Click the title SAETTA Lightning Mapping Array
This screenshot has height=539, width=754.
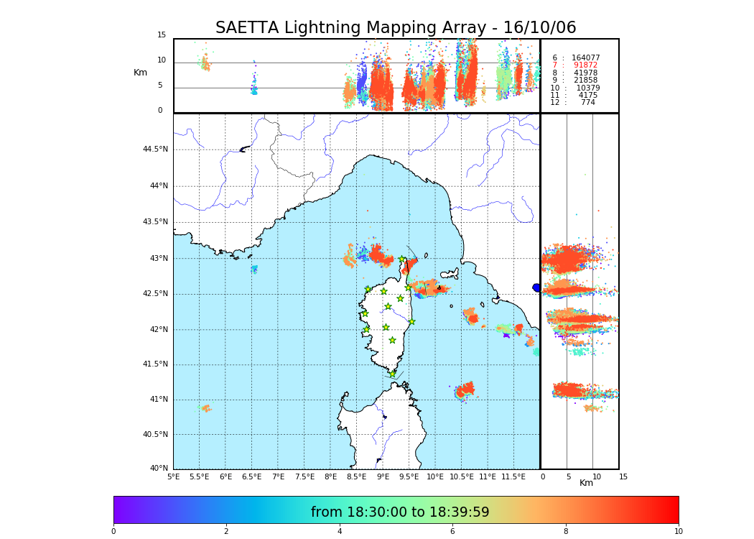click(396, 28)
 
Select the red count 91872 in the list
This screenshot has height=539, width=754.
click(585, 65)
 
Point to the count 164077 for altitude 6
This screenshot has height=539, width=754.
click(585, 57)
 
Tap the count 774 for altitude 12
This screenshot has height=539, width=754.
click(587, 103)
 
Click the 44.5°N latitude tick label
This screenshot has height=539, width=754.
click(155, 149)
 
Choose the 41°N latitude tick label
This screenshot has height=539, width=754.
click(158, 400)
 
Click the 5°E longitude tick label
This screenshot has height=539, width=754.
click(173, 476)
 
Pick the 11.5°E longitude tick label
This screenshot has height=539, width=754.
click(513, 476)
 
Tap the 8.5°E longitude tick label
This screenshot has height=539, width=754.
click(356, 476)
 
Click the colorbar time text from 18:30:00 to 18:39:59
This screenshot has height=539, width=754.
click(399, 512)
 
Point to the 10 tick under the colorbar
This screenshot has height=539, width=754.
click(678, 532)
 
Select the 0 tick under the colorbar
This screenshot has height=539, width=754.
click(113, 532)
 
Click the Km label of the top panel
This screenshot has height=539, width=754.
click(140, 73)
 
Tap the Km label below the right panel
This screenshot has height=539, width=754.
click(586, 483)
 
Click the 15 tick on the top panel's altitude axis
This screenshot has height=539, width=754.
click(162, 35)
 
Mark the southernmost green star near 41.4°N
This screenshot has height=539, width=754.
click(392, 374)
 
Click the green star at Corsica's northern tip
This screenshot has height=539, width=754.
click(402, 259)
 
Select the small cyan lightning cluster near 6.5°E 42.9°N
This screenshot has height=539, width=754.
click(253, 269)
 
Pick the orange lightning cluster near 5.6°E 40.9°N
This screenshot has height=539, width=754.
click(206, 408)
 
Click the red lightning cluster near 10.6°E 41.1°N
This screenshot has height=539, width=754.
click(465, 390)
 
